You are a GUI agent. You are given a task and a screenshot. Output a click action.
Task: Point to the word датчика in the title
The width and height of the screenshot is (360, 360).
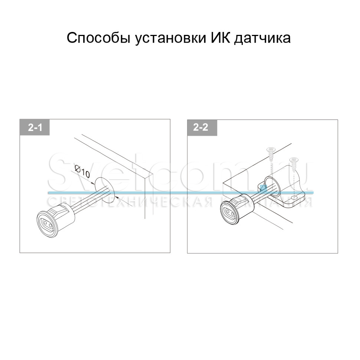pyautogui.click(x=262, y=38)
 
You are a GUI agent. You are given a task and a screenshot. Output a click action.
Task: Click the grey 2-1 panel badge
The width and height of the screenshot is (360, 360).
pyautogui.click(x=35, y=128)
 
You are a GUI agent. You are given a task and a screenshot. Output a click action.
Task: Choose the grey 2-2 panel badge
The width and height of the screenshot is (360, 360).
pyautogui.click(x=202, y=128)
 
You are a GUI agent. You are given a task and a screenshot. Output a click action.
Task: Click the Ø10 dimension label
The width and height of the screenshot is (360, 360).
pyautogui.click(x=82, y=172)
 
